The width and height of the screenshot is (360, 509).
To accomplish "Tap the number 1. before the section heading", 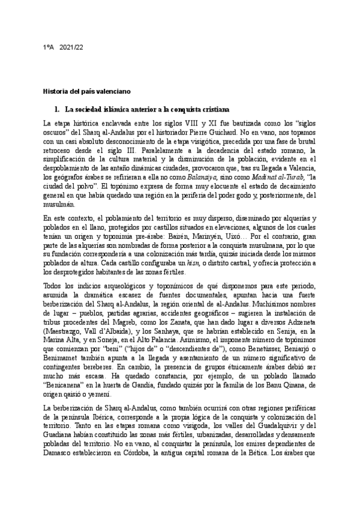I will (x=57, y=110).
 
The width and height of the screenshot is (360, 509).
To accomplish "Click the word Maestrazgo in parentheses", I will (x=65, y=314).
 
